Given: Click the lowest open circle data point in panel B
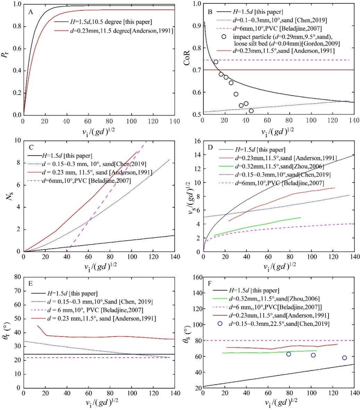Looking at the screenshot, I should coord(251,111).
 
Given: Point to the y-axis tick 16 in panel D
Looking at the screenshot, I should coord(197,141).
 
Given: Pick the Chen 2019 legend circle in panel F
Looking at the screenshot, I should coord(220,324).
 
